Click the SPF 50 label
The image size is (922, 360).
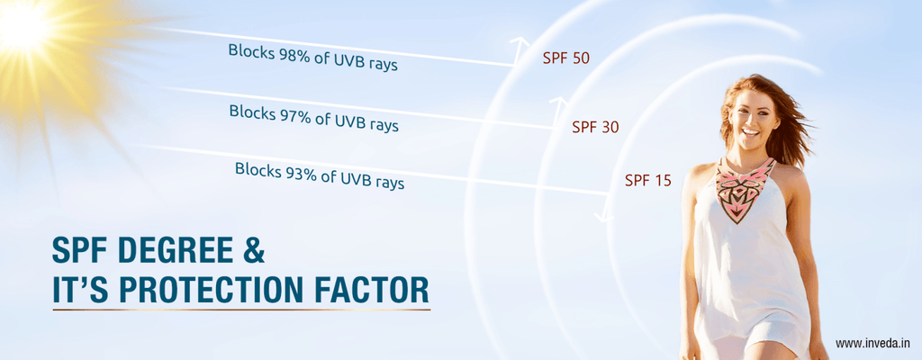565,58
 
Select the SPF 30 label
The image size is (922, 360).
595,127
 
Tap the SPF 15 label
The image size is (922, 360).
648,181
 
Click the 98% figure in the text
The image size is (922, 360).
289,56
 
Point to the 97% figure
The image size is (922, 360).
290,115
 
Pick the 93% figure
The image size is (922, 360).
295,173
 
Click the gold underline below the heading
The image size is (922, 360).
241,310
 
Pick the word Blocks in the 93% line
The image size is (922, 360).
258,169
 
